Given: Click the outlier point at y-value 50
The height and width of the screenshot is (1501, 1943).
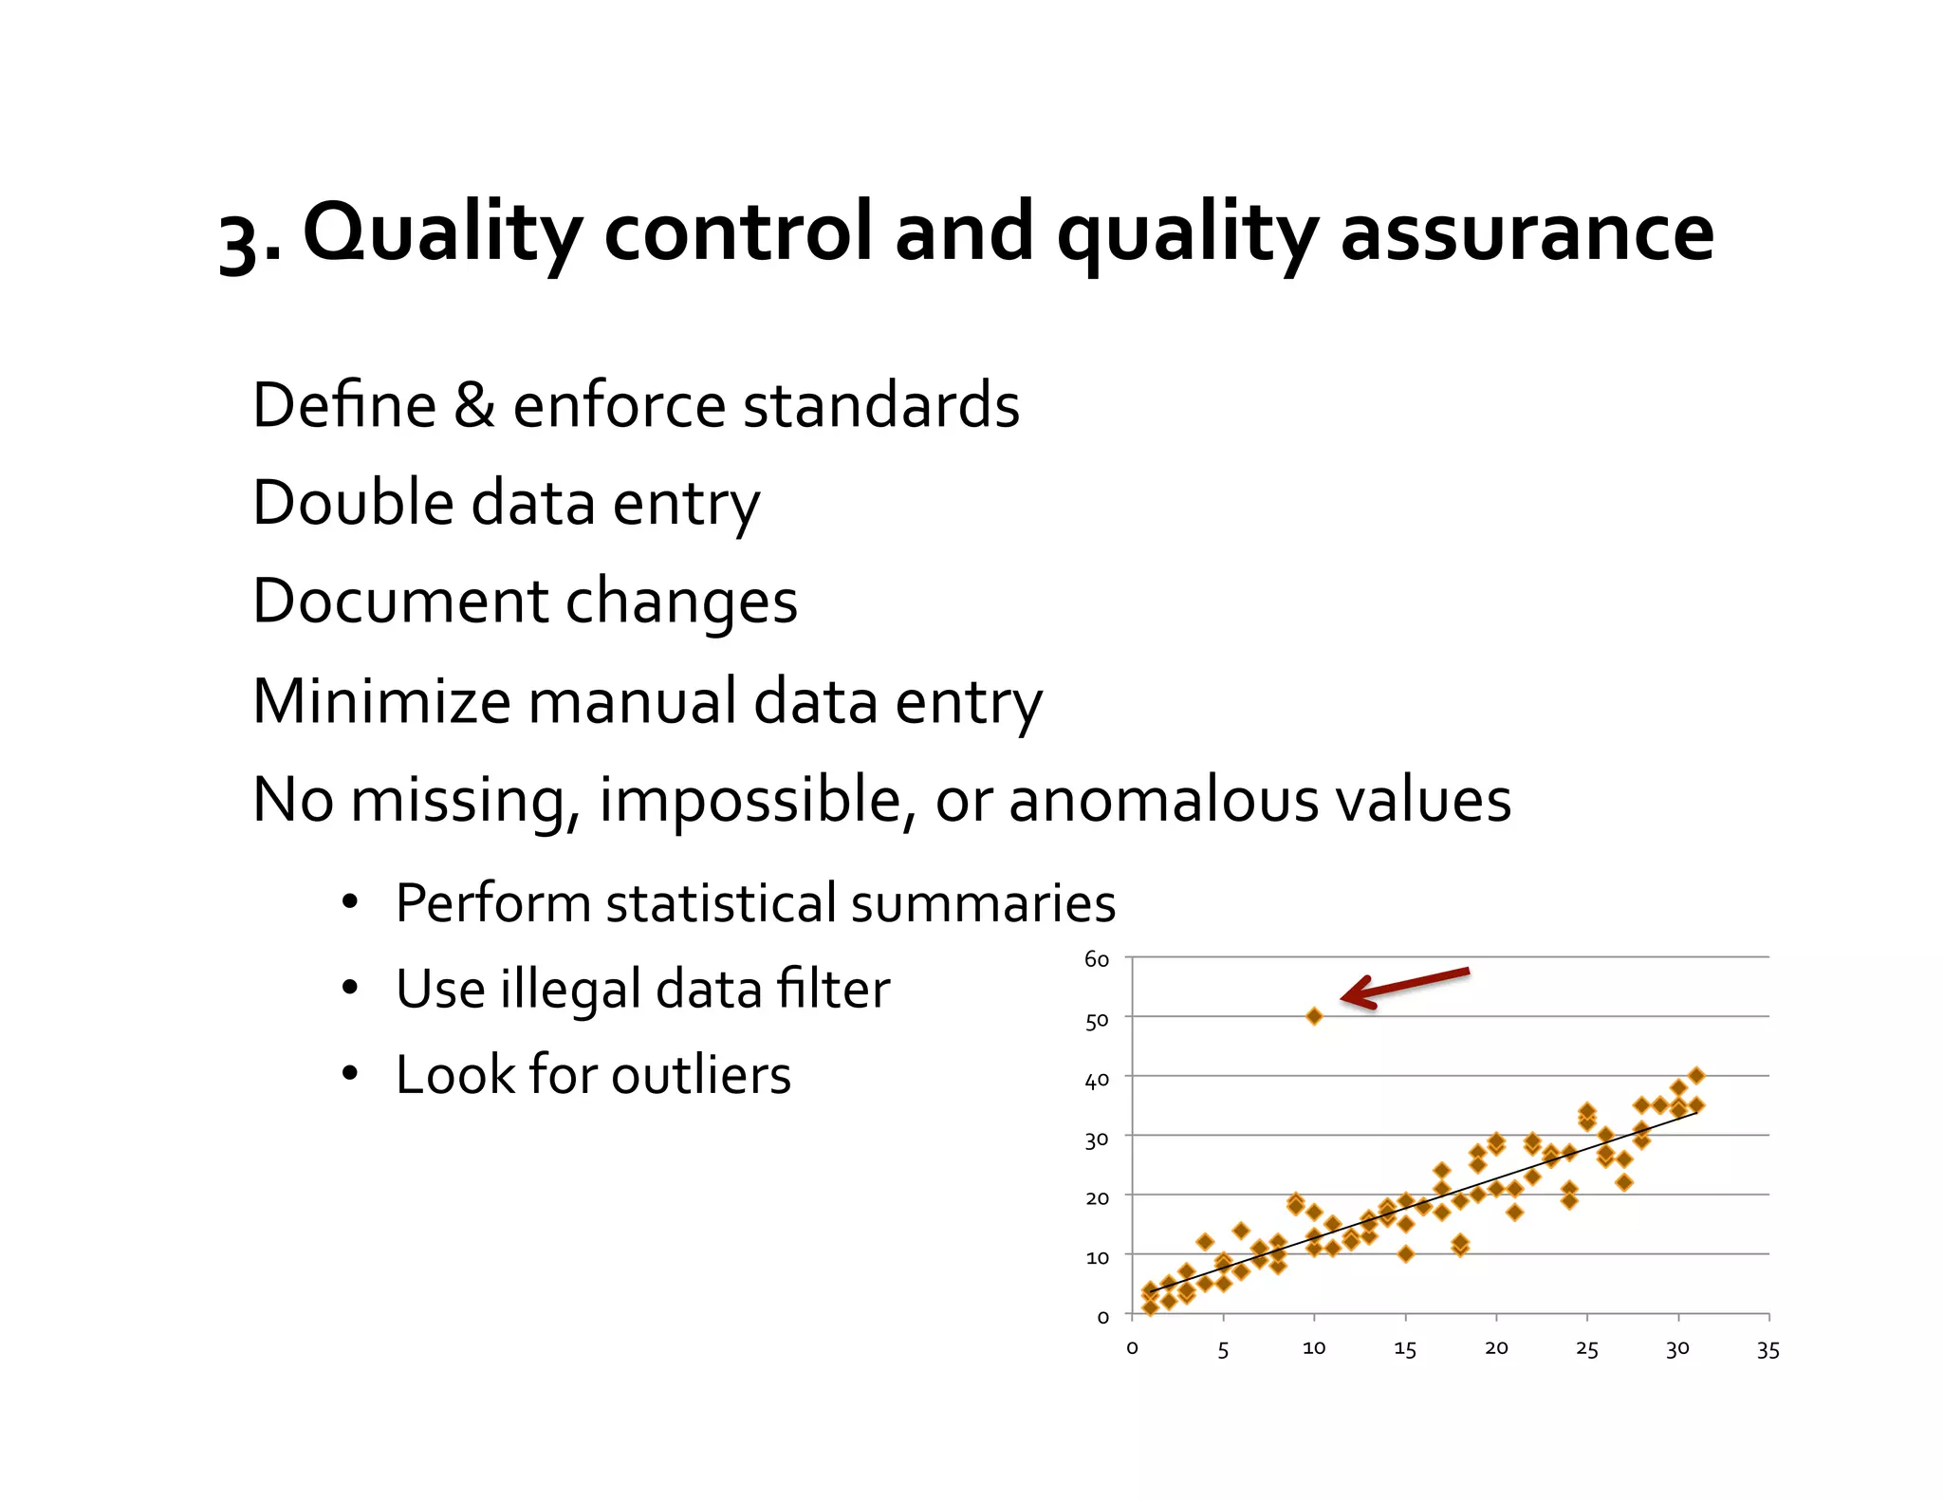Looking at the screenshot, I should click(1314, 1016).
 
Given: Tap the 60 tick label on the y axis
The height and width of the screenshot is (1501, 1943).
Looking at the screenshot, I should click(1097, 959).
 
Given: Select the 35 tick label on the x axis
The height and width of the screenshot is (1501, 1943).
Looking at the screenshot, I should click(1767, 1350).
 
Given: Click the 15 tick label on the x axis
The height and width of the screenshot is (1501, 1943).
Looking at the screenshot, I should click(1404, 1349).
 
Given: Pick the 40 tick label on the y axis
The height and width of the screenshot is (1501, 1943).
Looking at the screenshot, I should click(1097, 1081).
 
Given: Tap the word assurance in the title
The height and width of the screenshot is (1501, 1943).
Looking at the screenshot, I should click(1527, 233).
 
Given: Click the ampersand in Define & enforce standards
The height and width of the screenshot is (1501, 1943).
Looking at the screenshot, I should click(474, 405).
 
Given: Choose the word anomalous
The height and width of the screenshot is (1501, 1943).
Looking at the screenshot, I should click(1162, 800).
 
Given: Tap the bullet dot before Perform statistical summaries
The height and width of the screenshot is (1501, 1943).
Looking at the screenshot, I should click(350, 901).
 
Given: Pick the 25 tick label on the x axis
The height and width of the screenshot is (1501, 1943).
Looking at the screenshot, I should click(1586, 1349).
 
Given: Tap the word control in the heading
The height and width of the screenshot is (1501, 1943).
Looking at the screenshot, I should click(737, 233).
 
